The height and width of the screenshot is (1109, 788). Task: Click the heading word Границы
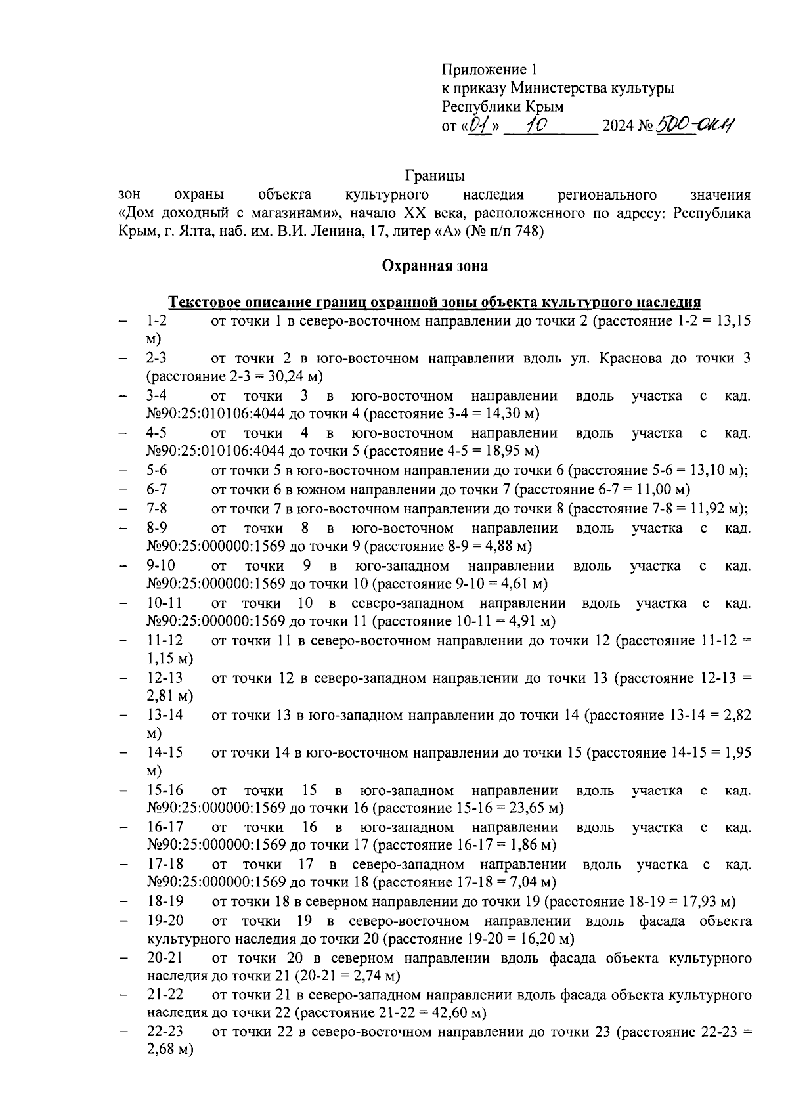[435, 176]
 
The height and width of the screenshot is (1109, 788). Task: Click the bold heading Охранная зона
[435, 266]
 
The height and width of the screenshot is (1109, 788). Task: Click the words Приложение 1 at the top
[490, 70]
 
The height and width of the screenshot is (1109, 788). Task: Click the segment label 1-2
[156, 321]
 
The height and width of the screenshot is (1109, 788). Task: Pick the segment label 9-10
[161, 566]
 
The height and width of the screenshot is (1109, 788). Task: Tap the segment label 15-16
[165, 791]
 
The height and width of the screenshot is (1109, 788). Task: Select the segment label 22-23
[165, 1032]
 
